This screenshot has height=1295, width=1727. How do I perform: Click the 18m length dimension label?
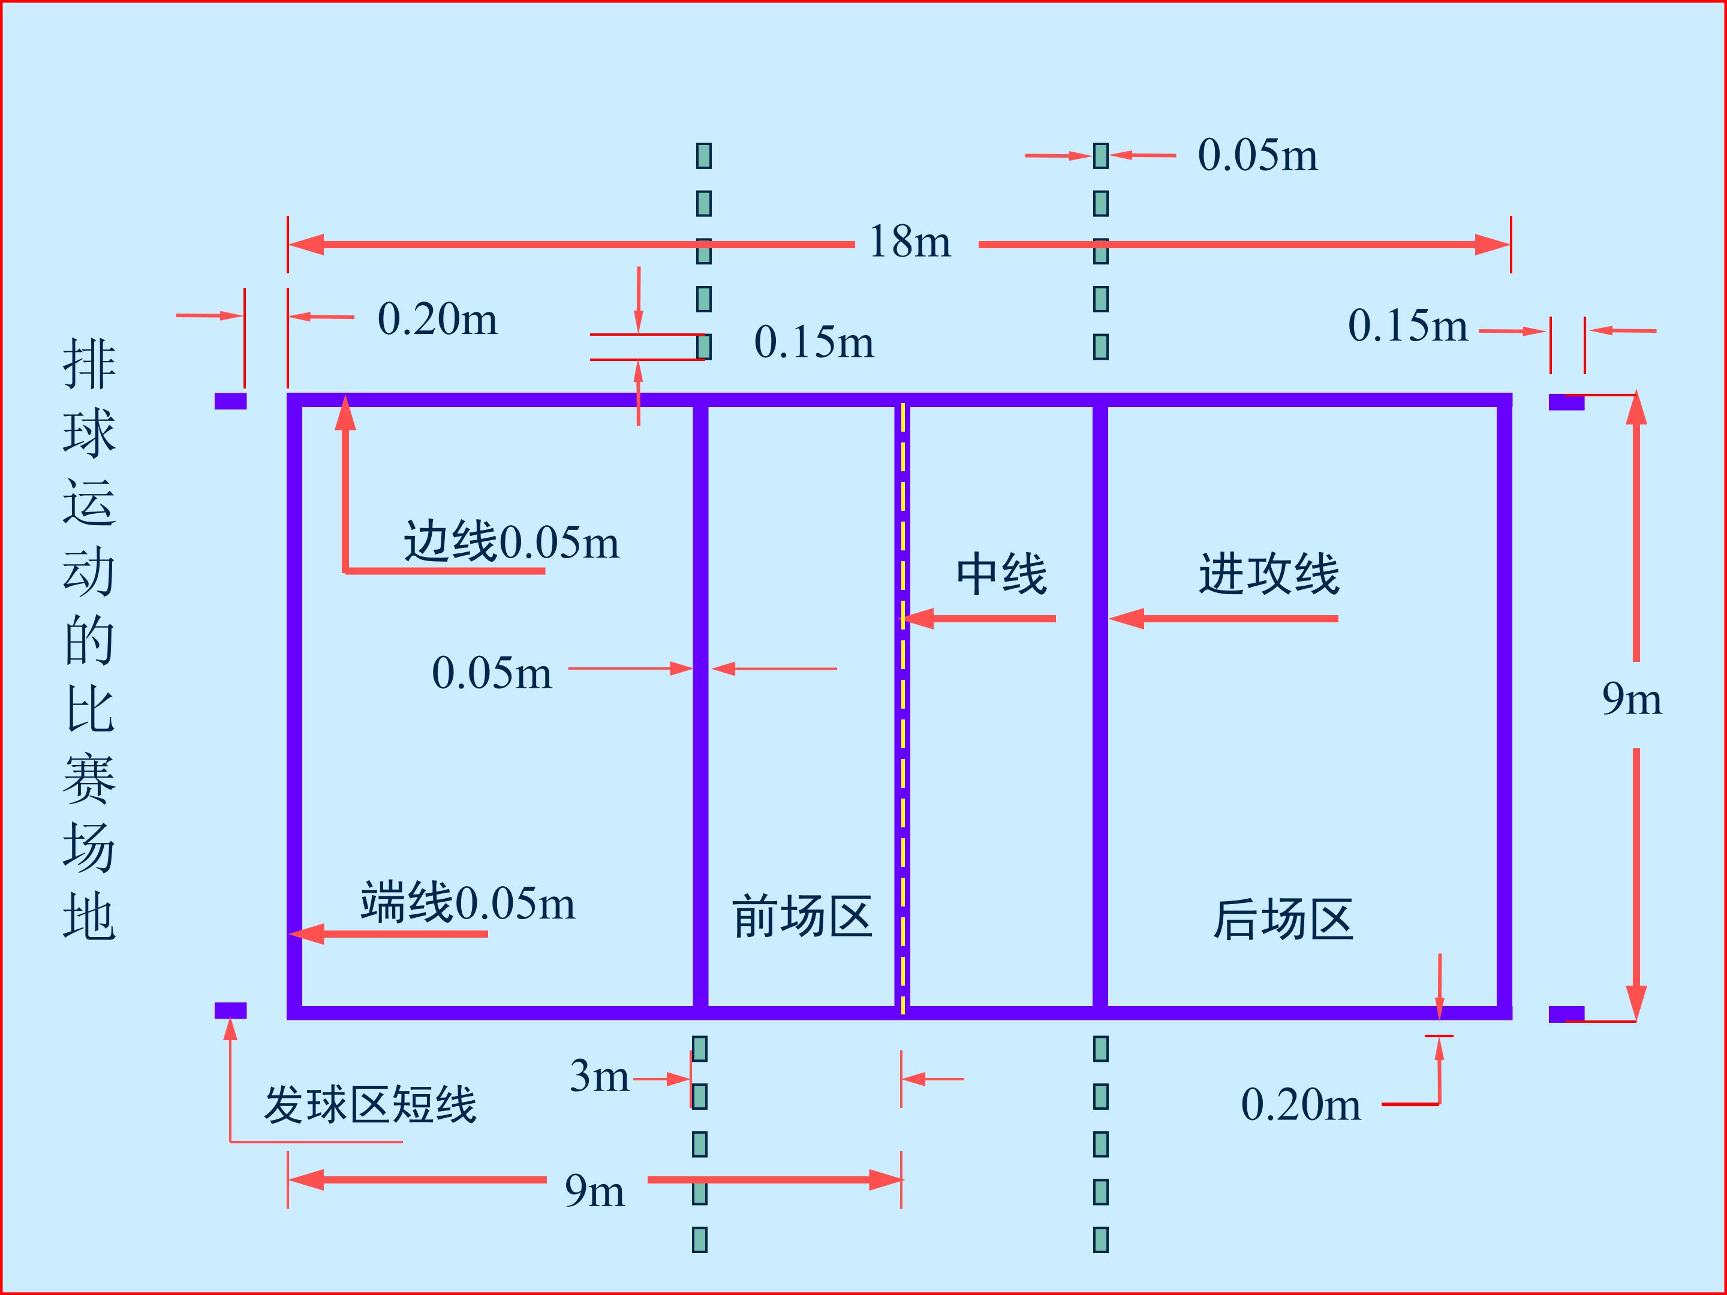910,242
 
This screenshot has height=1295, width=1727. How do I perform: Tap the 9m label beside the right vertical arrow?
1632,700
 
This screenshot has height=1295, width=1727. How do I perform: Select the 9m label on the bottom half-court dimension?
595,1192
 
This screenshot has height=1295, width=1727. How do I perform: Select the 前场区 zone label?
802,917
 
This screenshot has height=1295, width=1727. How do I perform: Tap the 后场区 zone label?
1283,920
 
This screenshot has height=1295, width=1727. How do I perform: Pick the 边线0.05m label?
512,542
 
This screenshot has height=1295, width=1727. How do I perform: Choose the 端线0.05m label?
468,903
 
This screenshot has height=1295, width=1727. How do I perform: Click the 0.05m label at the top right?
1258,155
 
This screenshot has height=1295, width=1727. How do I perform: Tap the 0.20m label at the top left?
437,320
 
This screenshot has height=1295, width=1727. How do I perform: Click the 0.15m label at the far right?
1407,326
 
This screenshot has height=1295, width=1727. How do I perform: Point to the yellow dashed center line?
903,708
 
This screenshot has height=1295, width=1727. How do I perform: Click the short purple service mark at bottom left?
230,1010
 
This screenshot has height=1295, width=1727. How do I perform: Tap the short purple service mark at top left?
230,400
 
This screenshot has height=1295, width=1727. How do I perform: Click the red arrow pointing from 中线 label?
978,619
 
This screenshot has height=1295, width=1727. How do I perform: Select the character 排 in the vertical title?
89,365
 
